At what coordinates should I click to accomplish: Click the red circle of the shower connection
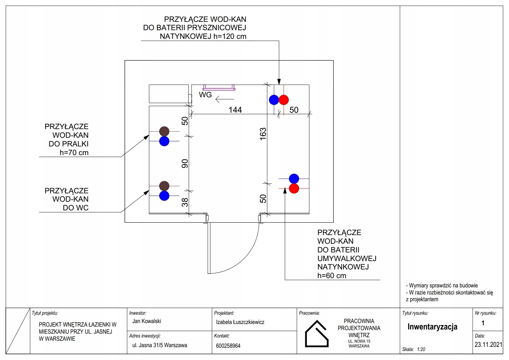point(284,100)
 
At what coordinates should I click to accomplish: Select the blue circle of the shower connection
point(274,100)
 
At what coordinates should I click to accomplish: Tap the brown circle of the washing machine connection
point(164,131)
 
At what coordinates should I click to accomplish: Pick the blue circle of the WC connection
point(164,196)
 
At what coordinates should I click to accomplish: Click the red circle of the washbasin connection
point(294,189)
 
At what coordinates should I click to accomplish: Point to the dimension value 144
point(235,110)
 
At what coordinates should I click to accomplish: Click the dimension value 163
point(263,134)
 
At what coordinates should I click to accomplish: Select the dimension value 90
point(185,163)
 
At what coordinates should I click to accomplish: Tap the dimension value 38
point(185,202)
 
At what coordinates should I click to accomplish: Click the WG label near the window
point(205,95)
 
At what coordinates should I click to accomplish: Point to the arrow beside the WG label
point(225,99)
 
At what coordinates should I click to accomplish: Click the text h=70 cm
point(74,152)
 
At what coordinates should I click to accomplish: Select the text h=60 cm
point(332,276)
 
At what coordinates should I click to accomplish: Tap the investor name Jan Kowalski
point(147,321)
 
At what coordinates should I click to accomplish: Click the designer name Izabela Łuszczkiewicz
point(240,322)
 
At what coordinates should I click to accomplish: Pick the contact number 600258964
point(228,346)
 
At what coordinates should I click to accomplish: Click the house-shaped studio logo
point(317,334)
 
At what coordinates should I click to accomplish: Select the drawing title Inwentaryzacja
point(432,327)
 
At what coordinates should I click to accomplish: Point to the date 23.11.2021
point(488,345)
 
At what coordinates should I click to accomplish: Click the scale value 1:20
point(421,349)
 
